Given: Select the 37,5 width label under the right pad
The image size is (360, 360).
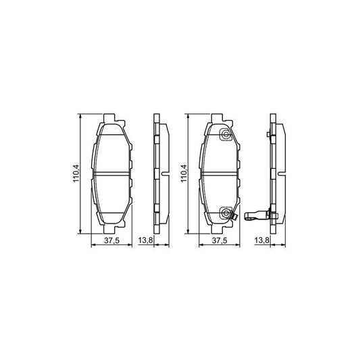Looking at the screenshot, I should pos(219,240).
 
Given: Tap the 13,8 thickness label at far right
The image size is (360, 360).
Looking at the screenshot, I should pos(262,240).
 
